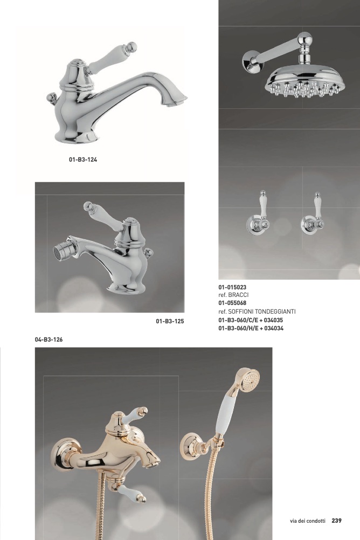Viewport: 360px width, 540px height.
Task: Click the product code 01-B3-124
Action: coord(82,160)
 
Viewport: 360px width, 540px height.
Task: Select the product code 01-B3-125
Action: coord(170,321)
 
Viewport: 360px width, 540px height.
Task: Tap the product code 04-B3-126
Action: coord(49,340)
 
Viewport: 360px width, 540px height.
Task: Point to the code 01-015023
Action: coord(232,288)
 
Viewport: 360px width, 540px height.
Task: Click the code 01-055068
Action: coord(232,303)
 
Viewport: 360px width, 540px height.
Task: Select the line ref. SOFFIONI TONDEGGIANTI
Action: coord(257,311)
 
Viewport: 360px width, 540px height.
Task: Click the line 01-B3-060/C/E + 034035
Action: coord(251,320)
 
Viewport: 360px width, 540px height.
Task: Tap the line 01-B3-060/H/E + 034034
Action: coord(251,328)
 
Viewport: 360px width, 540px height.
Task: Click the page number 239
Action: coord(337,521)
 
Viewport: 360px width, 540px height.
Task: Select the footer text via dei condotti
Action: coord(307,521)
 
